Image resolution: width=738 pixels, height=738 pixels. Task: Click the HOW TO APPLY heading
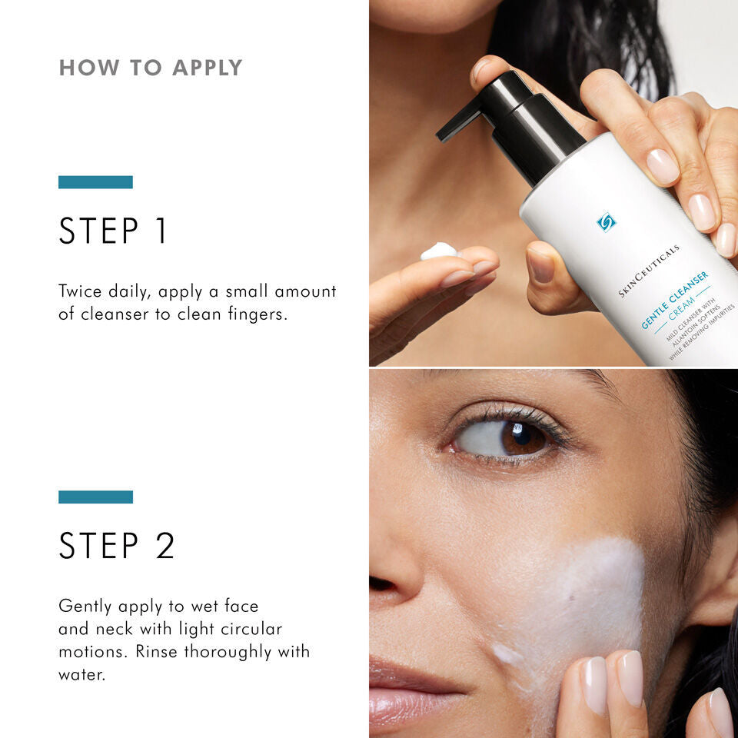151,68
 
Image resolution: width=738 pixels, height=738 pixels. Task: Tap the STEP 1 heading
113,231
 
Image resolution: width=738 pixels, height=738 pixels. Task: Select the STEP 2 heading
117,545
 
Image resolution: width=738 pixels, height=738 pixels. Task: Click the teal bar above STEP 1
95,182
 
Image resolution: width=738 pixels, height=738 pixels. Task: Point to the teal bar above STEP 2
95,497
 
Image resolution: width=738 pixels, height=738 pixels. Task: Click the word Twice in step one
81,292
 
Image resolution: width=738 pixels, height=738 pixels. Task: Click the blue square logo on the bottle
607,222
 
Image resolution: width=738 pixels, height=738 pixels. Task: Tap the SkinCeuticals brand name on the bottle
650,272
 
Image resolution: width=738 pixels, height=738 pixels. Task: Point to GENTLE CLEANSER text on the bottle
674,300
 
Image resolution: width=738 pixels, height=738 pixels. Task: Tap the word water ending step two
81,674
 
